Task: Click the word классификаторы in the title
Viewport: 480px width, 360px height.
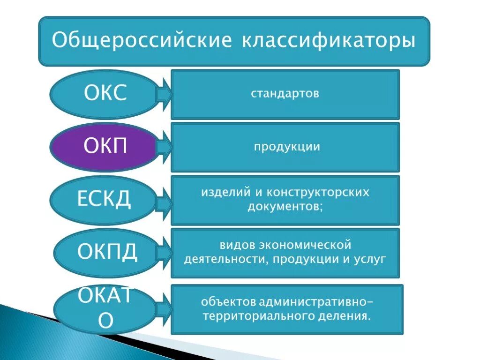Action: (328, 40)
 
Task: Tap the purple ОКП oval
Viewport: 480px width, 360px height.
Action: (104, 147)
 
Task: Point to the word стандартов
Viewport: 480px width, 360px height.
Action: (285, 93)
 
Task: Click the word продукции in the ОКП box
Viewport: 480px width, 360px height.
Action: (287, 147)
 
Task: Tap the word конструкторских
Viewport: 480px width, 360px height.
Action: (318, 193)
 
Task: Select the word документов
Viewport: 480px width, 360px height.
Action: (284, 207)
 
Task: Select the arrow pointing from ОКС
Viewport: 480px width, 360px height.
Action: (164, 94)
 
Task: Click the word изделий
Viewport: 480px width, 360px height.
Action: (221, 193)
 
